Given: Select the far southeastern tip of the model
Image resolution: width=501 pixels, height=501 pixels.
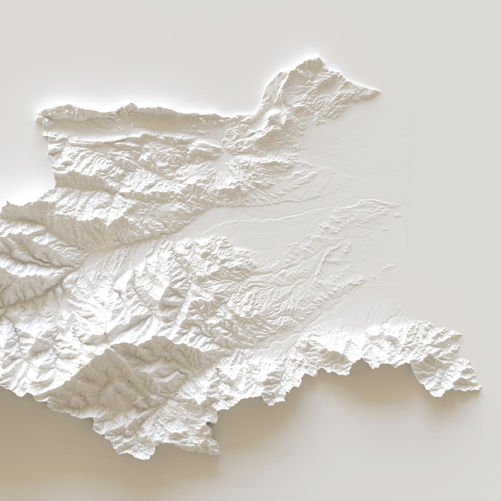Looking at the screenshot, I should pos(479,389).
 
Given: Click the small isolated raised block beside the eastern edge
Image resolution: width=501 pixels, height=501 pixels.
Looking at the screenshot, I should pos(398,215).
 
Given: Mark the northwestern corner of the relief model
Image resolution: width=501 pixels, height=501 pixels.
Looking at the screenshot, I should pos(38,118).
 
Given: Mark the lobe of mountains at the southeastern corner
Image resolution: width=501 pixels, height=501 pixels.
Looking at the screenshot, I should pos(441,366).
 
